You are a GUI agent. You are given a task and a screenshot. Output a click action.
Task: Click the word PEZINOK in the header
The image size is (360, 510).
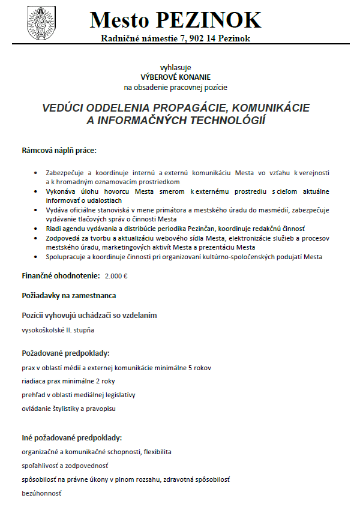pos(209,20)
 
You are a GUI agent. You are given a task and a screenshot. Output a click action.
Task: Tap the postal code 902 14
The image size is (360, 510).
pos(193,39)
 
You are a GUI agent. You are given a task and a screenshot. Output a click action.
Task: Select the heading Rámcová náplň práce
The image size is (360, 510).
pos(59,149)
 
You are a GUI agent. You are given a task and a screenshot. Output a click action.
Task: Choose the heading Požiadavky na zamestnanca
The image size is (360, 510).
pos(69,296)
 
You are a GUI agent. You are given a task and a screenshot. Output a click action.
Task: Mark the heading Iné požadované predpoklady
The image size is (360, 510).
pos(72,438)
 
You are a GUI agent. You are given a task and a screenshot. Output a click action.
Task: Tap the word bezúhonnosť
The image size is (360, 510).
pos(41,493)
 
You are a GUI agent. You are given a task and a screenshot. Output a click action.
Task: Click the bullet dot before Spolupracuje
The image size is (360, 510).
pos(38,257)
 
